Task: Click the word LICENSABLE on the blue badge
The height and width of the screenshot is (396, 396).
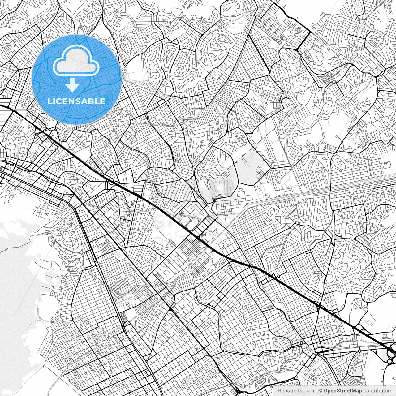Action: click(76, 101)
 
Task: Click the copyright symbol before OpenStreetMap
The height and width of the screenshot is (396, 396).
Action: click(321, 391)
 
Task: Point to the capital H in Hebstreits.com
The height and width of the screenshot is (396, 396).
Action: click(279, 391)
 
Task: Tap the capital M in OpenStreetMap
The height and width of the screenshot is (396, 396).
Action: click(355, 391)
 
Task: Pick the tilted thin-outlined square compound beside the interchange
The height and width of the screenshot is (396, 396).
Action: click(368, 322)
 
